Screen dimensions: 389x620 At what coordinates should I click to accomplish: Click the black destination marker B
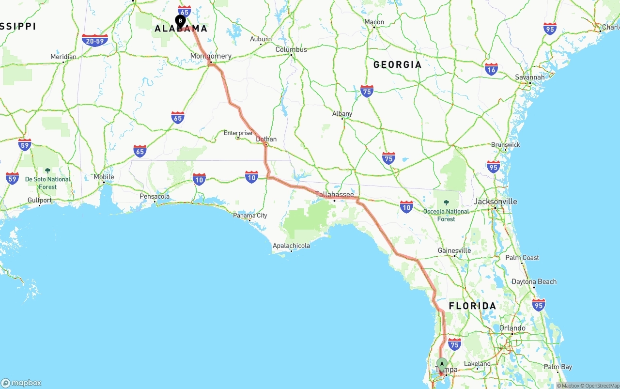(180, 21)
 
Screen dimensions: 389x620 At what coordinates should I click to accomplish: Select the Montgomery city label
(211, 56)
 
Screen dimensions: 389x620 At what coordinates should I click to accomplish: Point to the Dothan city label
(266, 139)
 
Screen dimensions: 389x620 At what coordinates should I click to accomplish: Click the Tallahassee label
(335, 194)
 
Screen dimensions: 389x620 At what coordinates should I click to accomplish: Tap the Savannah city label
(529, 77)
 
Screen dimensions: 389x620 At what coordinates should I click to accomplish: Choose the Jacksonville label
(496, 202)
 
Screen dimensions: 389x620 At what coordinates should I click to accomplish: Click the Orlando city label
(512, 328)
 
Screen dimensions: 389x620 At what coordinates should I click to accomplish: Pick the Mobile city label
(104, 177)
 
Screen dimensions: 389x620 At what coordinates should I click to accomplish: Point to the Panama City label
(250, 215)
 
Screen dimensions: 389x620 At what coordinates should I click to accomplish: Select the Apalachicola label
(291, 246)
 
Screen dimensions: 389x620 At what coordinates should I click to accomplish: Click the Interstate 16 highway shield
(491, 69)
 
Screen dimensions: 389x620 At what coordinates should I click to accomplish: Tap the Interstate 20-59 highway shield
(94, 41)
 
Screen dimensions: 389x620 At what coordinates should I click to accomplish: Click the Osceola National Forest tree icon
(446, 203)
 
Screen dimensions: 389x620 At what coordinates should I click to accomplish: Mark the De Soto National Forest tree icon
(47, 171)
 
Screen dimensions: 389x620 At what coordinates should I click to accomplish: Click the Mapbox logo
(21, 383)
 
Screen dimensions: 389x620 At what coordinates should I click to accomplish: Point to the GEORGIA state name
(397, 64)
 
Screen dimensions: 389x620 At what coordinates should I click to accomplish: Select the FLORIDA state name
(472, 306)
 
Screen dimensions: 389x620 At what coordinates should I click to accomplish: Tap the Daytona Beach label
(534, 281)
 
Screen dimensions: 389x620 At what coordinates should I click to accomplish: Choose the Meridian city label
(63, 57)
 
